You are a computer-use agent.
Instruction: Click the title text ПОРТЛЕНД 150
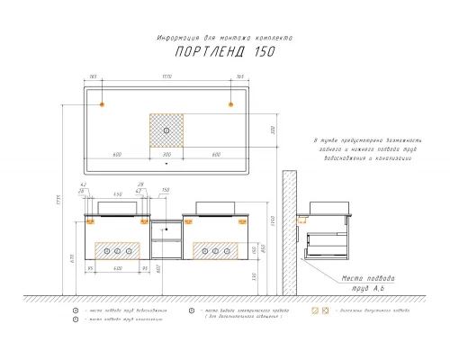point(224,52)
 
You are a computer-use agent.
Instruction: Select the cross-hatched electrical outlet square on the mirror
point(166,130)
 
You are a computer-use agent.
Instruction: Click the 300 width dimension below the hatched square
point(166,155)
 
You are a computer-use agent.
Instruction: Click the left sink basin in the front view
point(117,210)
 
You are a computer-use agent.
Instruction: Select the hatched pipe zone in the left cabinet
point(117,250)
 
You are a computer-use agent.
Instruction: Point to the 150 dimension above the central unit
point(165,191)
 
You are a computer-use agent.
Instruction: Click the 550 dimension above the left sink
point(117,195)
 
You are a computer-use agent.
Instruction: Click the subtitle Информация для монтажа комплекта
point(224,37)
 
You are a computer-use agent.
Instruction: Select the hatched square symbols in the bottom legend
point(319,310)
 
